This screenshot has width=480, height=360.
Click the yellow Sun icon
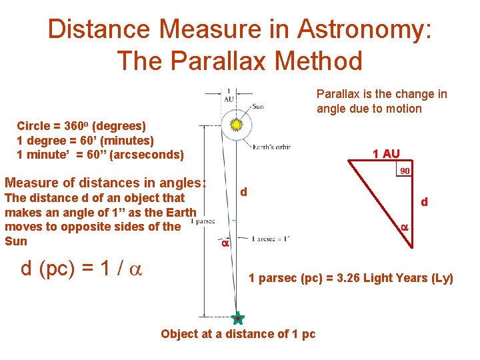tap(235, 125)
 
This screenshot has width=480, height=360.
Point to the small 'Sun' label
tap(257, 106)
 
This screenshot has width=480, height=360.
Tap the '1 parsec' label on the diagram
tap(202, 220)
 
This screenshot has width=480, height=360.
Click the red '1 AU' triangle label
tap(386, 154)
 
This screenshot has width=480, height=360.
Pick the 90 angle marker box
tap(404, 171)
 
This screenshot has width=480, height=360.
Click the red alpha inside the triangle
tap(404, 227)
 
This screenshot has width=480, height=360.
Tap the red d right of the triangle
tap(424, 201)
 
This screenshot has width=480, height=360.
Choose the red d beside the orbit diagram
tap(244, 192)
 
